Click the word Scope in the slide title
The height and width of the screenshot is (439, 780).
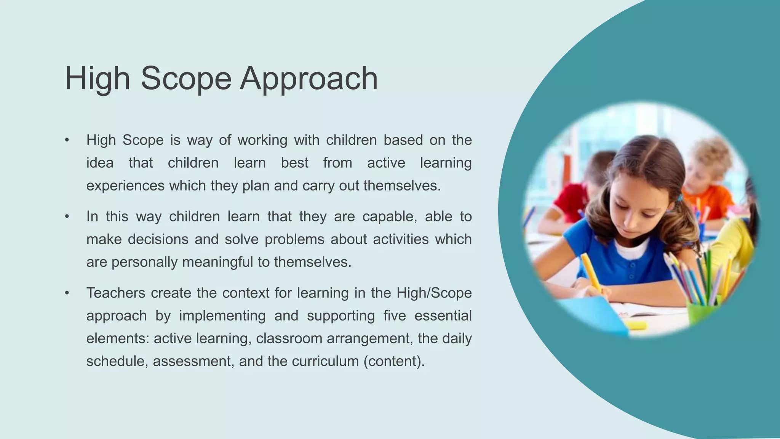point(186,79)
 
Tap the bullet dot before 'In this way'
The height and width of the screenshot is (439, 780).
point(67,216)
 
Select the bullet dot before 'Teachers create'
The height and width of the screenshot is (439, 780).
point(67,293)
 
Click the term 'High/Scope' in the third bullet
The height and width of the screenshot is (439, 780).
point(434,293)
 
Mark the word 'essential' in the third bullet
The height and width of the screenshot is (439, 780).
point(443,316)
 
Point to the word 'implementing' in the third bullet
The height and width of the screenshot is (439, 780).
point(222,316)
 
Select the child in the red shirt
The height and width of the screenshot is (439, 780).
point(571,198)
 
